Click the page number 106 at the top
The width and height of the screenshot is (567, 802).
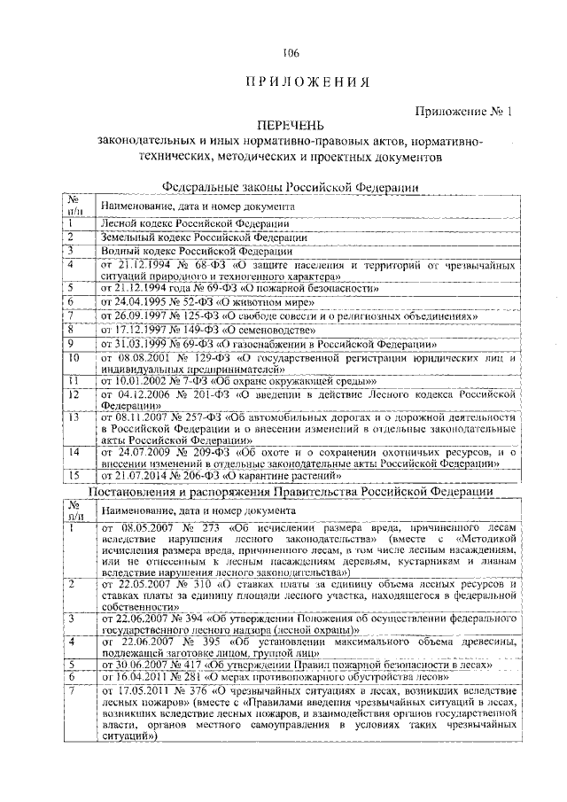pyautogui.click(x=283, y=52)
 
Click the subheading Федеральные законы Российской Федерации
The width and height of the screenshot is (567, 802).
pyautogui.click(x=291, y=187)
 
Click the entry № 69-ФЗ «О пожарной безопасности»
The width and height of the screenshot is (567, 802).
pyautogui.click(x=239, y=288)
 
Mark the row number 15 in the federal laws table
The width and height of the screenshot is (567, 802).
pyautogui.click(x=74, y=476)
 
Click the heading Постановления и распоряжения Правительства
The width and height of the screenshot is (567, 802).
pyautogui.click(x=291, y=492)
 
